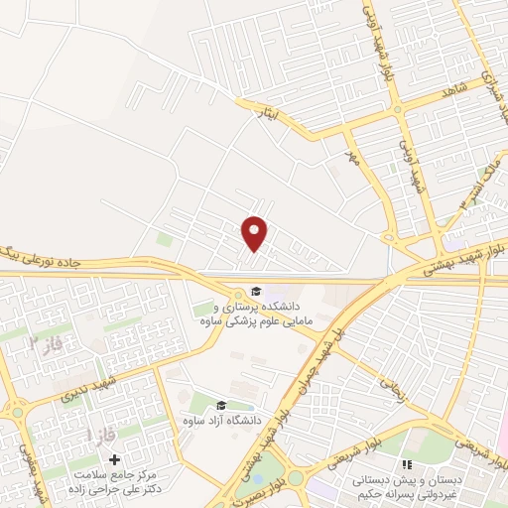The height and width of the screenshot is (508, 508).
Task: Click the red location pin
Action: point(255,232)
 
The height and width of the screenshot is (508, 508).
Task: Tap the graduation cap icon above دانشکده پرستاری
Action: point(255,292)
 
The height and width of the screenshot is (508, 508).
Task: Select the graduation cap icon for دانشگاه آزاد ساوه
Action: point(220,405)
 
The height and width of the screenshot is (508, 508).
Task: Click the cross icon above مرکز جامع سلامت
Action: point(115,459)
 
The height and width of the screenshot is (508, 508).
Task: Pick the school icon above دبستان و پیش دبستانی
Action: point(405,464)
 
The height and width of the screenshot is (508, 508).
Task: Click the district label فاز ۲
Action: point(49,343)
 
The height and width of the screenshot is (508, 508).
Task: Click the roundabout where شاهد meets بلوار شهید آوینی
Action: point(397,108)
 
